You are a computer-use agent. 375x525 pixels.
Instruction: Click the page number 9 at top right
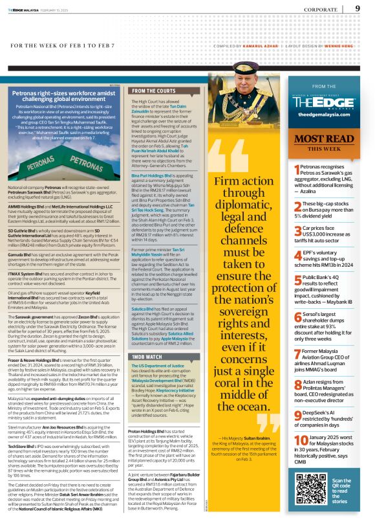coord(358,8)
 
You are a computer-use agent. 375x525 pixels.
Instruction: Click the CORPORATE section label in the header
coord(322,10)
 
